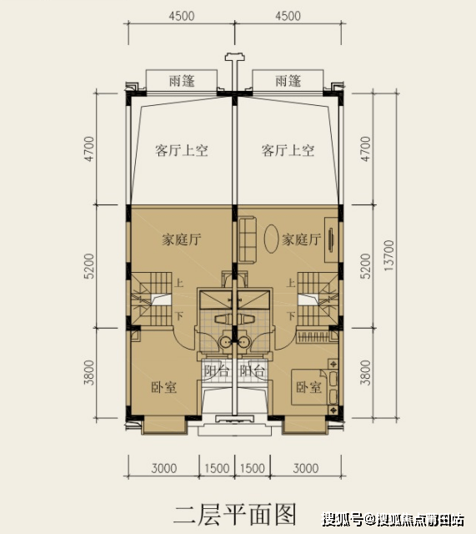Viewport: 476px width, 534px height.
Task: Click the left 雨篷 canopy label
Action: [x=182, y=81]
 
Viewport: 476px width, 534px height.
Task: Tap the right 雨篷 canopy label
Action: [x=288, y=81]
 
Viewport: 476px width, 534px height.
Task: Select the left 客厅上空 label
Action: [x=182, y=150]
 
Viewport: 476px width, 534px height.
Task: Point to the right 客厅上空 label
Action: [x=288, y=150]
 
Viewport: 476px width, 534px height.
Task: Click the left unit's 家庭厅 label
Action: [x=182, y=239]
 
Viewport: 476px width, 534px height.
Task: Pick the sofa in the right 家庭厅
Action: [x=248, y=240]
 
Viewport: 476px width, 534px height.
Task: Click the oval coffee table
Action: [x=272, y=239]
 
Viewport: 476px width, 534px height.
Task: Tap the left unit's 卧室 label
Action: [x=163, y=387]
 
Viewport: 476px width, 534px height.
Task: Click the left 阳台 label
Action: [x=217, y=370]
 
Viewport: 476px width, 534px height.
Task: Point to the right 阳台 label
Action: [x=252, y=370]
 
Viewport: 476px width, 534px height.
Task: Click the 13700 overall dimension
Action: [x=388, y=256]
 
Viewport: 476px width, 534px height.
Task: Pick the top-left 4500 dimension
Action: [x=182, y=16]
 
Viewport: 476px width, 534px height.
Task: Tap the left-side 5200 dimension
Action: [x=89, y=266]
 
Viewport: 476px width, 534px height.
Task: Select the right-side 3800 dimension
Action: [x=365, y=373]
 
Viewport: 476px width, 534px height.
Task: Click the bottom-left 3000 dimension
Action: [x=164, y=468]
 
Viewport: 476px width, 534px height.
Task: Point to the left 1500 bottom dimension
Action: [x=217, y=468]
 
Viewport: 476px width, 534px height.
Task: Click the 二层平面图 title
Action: [x=235, y=515]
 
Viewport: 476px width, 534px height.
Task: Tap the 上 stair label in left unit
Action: [x=179, y=283]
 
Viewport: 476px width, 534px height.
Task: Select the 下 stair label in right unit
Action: [x=291, y=316]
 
